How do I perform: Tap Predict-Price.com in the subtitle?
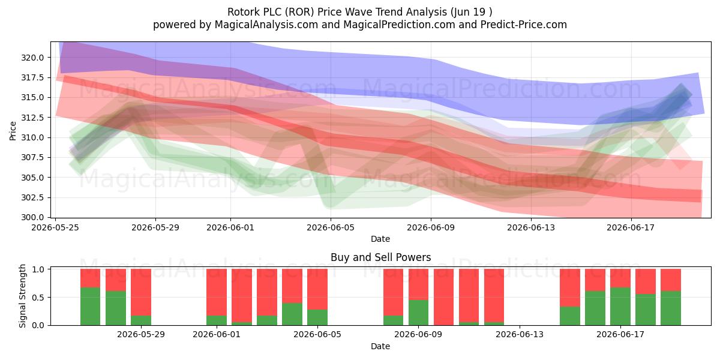pos(524,25)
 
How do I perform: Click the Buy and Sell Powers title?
pos(380,257)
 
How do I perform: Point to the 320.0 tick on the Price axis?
pos(32,58)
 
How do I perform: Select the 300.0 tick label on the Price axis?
pos(32,218)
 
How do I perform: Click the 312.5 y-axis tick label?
pos(32,118)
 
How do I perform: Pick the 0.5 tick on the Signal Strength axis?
pos(38,298)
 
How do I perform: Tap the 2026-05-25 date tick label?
pos(55,227)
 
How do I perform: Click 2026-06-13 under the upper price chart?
pos(531,227)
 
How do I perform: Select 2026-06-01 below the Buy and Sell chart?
pos(217,335)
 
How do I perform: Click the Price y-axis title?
pos(13,131)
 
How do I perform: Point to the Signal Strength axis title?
pos(22,296)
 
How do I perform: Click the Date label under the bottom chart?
pos(380,347)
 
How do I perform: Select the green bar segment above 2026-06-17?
pos(620,307)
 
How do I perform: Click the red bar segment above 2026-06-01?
pos(217,292)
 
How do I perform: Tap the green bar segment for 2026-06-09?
pos(419,313)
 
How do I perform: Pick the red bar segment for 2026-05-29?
pos(141,292)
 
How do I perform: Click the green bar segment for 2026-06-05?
pos(317,317)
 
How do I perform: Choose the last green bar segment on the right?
pos(671,308)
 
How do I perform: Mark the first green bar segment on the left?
pos(91,307)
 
